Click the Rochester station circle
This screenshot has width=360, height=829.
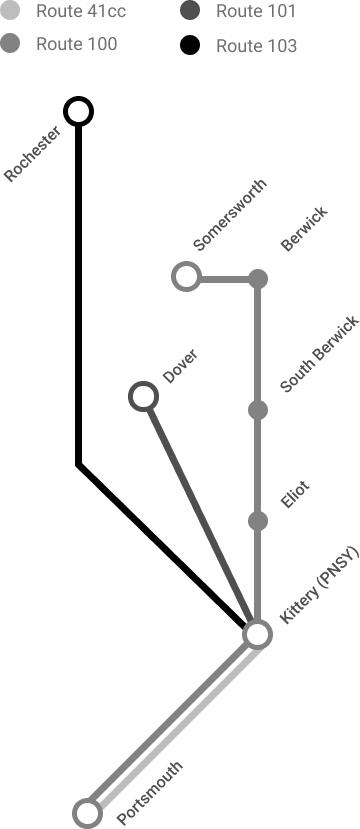point(78,111)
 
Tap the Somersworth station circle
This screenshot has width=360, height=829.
point(186,277)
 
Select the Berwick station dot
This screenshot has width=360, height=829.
point(258,278)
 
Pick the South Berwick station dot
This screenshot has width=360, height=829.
point(258,410)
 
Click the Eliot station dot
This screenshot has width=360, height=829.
point(258,521)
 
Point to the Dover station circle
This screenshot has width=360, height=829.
point(144,398)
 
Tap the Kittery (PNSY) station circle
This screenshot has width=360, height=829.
point(258,634)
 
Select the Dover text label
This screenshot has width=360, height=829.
point(180,368)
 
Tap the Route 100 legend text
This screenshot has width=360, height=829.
point(76,44)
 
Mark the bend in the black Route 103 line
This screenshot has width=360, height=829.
point(78,465)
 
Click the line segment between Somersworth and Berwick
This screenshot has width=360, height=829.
point(222,278)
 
